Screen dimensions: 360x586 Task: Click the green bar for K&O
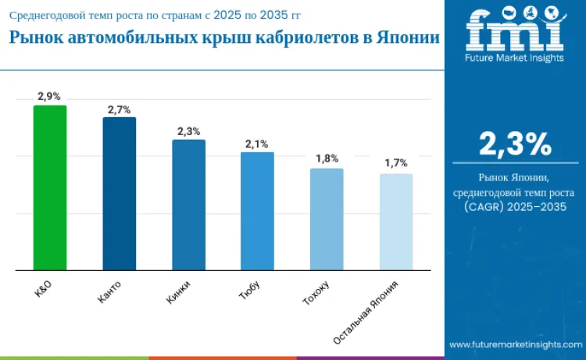tap(49, 188)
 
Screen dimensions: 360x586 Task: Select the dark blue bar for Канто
tap(119, 194)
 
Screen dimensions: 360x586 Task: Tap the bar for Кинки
tap(188, 205)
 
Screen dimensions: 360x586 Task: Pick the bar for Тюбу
tap(257, 211)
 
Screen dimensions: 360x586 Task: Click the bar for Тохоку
tap(327, 219)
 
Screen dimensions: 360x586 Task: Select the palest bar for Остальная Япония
tap(396, 222)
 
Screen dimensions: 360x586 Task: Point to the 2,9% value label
tap(49, 96)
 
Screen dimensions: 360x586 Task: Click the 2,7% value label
tap(119, 109)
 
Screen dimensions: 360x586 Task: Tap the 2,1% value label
tap(257, 144)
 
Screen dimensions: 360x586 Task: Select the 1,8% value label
tap(327, 159)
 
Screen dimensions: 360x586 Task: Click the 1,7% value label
tap(396, 163)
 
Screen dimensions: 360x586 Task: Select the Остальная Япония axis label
tap(371, 312)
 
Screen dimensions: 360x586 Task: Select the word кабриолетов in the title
tap(307, 39)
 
